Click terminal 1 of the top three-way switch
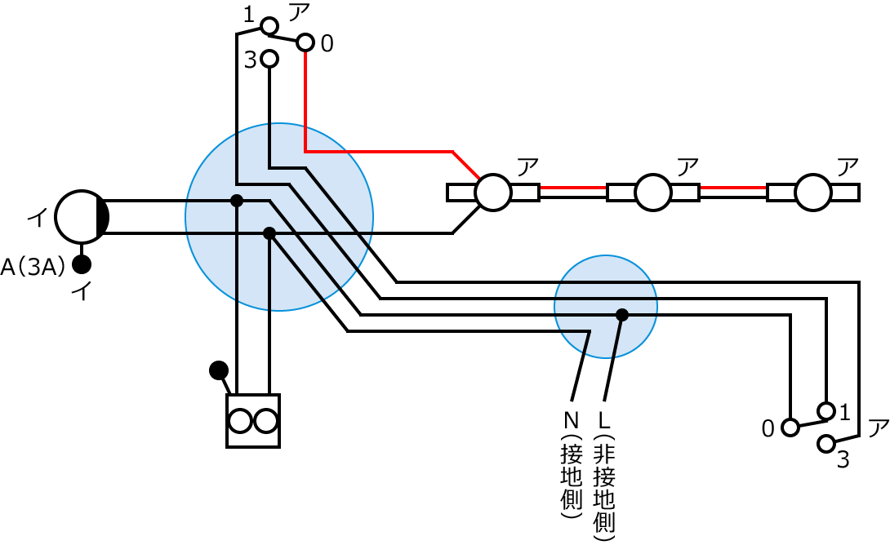point(269,27)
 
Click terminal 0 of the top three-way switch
point(305,42)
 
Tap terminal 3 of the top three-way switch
point(269,59)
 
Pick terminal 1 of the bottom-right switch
point(826,410)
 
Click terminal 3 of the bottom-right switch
point(826,444)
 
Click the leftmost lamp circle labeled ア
point(493,193)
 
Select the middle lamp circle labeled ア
point(653,193)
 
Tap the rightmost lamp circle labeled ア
point(813,193)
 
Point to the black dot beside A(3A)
point(82,264)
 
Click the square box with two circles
point(253,421)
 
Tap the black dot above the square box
point(218,370)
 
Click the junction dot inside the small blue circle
point(622,315)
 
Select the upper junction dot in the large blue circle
point(237,201)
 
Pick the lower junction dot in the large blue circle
point(269,233)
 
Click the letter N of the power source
point(571,421)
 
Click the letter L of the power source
point(605,421)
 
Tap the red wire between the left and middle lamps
point(572,188)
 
